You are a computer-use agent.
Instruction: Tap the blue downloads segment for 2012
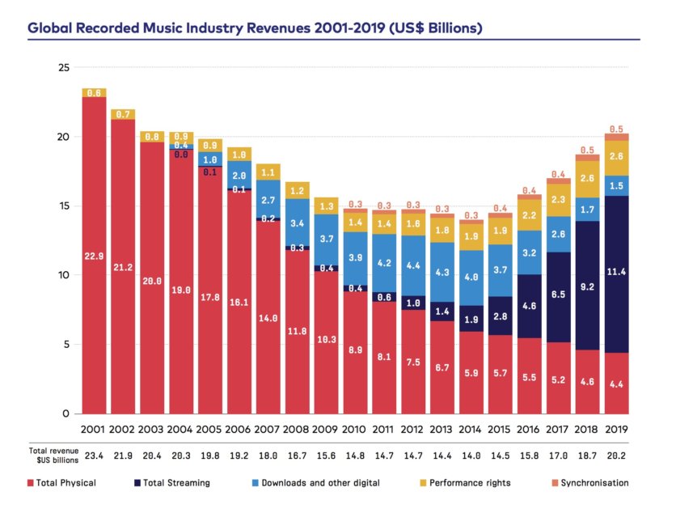(414, 265)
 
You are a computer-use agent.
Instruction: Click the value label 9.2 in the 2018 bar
(587, 286)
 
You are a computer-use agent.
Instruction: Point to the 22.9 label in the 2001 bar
(94, 256)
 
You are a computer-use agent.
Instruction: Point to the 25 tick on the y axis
(63, 67)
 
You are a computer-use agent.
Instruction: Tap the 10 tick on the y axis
(63, 275)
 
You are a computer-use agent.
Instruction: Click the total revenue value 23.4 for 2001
(94, 456)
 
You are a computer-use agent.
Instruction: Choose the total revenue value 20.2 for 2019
(616, 456)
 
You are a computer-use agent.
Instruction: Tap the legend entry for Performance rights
(468, 483)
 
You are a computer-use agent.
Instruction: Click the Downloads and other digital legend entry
(322, 483)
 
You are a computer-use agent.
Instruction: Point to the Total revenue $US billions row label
(53, 456)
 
